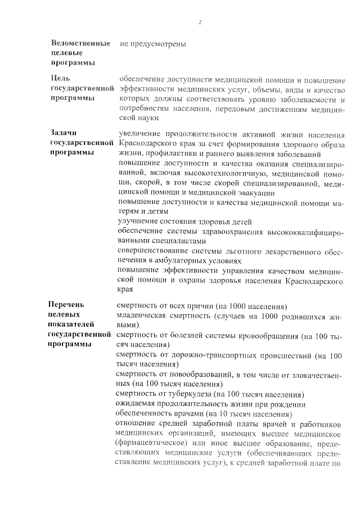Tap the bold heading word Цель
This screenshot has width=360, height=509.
[x=60, y=79]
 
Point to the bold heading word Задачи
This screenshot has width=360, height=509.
[x=63, y=133]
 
